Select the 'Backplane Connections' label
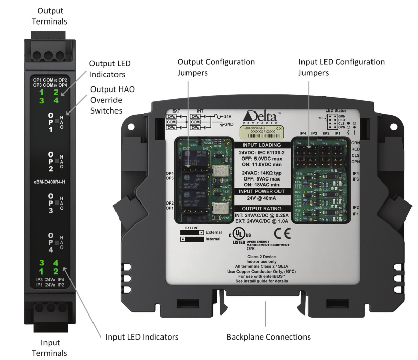pos(266,337)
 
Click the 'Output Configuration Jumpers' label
pos(216,66)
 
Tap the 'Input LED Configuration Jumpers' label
pos(341,66)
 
